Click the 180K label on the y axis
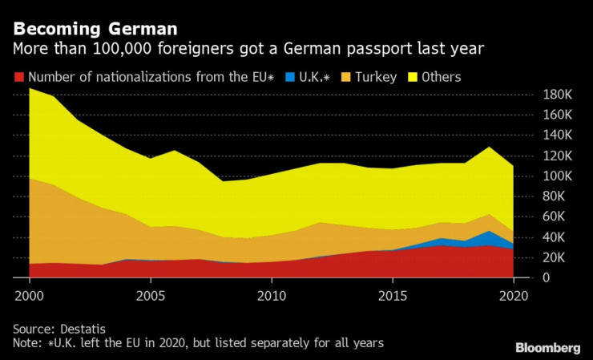point(557,95)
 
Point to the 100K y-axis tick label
point(557,176)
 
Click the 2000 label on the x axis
point(30,294)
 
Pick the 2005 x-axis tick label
point(151,294)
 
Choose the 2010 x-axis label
point(272,294)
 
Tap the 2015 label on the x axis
point(393,294)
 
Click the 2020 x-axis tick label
point(513,294)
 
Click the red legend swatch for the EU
point(18,78)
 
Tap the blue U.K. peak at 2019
point(489,238)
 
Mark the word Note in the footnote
point(27,343)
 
